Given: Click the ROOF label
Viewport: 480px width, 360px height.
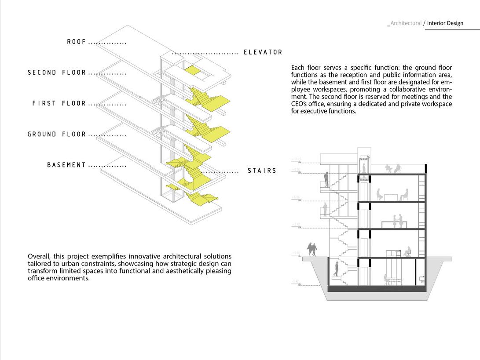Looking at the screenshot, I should [x=77, y=42].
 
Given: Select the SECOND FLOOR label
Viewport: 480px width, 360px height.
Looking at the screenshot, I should [x=57, y=73].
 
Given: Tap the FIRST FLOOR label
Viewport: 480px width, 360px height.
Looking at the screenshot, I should [x=59, y=103].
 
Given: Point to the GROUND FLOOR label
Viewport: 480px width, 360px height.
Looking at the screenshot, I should [x=57, y=134].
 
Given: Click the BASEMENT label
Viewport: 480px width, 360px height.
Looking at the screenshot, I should [x=66, y=165].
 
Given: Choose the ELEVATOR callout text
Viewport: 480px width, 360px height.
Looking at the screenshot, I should [x=263, y=52].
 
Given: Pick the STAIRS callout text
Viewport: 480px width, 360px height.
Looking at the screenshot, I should [x=262, y=171].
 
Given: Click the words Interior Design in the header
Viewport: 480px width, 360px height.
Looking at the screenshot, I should [x=445, y=23].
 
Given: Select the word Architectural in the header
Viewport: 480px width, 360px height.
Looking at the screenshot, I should [x=406, y=23].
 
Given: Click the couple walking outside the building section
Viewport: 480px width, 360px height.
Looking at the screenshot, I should [x=312, y=249].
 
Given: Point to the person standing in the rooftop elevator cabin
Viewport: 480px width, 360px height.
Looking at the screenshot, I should [x=364, y=165].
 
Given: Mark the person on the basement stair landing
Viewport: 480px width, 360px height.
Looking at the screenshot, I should [x=337, y=268].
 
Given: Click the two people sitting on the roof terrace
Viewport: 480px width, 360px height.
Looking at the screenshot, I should [x=393, y=168].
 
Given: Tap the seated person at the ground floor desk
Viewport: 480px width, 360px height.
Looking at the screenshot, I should [x=407, y=251].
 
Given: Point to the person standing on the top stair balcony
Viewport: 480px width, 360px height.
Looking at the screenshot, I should [x=326, y=179].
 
